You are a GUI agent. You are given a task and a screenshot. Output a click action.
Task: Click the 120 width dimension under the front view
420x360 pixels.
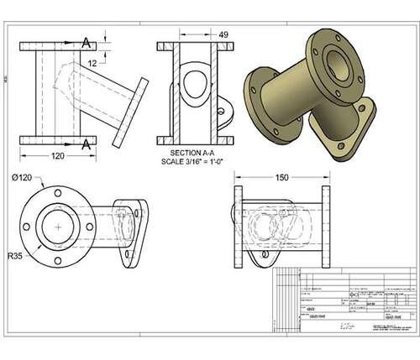point(57,156)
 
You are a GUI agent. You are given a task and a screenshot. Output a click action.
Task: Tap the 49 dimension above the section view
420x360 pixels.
point(223,34)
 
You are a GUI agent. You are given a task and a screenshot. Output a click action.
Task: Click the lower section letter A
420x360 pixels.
point(87,144)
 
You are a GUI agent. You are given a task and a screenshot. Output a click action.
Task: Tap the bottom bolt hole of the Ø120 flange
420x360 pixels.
point(57,255)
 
